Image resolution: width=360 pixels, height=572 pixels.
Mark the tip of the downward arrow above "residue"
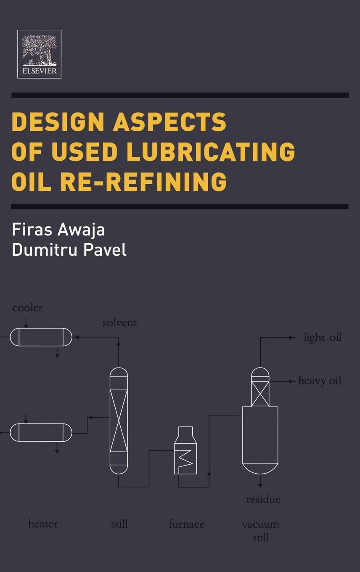(x=260, y=487)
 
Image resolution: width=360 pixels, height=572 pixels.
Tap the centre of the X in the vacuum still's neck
(x=260, y=394)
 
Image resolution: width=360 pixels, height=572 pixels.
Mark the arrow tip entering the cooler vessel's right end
(x=75, y=337)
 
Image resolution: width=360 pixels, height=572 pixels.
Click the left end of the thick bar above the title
(x=11, y=95)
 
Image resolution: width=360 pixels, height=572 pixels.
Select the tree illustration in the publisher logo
(x=39, y=50)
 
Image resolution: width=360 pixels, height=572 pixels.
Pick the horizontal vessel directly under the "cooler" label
(x=41, y=337)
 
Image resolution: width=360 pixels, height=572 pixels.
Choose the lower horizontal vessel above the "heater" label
(x=41, y=432)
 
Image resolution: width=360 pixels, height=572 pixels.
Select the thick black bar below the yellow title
(x=180, y=207)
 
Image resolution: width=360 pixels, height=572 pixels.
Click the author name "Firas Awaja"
(x=58, y=230)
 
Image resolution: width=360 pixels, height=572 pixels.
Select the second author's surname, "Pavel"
(x=105, y=249)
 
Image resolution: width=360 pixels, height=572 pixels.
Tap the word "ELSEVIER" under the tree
(x=40, y=71)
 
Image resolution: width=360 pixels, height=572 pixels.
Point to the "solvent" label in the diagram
(x=120, y=323)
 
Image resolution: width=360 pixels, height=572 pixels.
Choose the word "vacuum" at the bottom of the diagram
(x=261, y=524)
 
